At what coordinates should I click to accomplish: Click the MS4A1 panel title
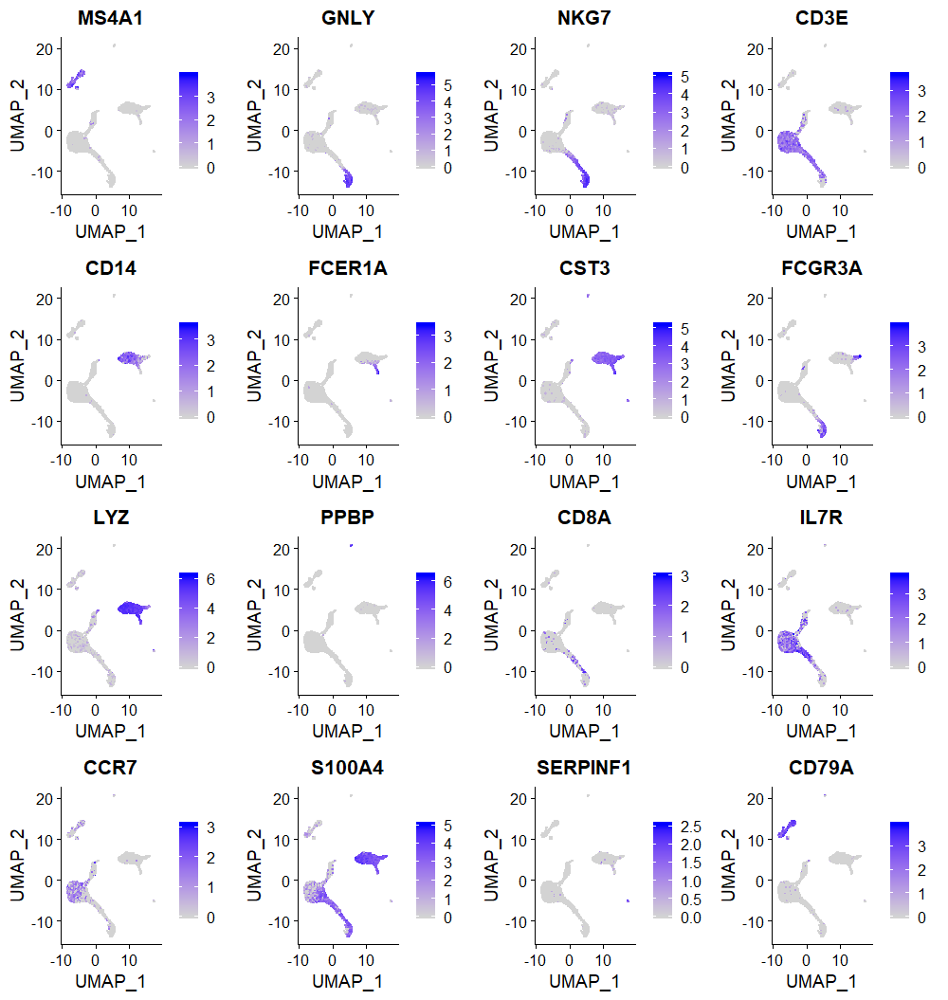pyautogui.click(x=110, y=18)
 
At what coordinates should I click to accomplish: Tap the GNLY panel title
pyautogui.click(x=348, y=18)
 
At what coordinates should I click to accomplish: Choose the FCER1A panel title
pyautogui.click(x=348, y=268)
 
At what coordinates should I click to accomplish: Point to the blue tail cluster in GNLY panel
pyautogui.click(x=348, y=176)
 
